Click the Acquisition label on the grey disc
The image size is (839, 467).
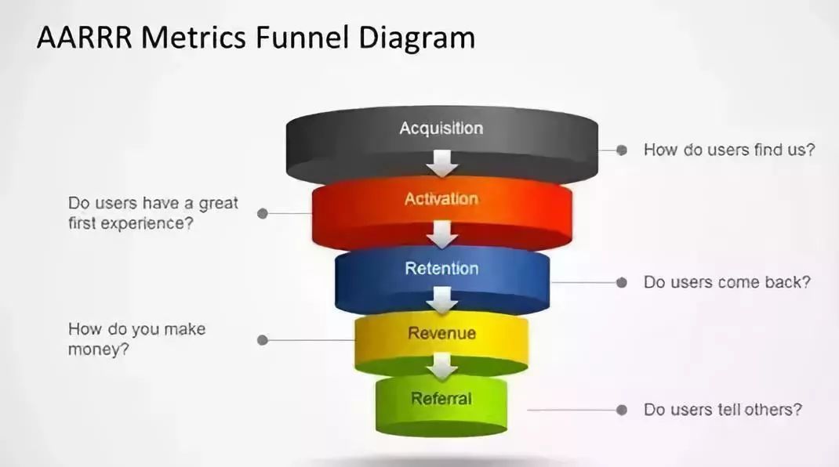[441, 129]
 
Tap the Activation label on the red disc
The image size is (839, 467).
[441, 199]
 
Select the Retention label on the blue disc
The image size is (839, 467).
[441, 269]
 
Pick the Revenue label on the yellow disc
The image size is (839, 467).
[441, 333]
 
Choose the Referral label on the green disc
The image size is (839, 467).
[441, 398]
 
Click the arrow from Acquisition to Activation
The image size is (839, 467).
[441, 164]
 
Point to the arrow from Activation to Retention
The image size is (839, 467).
[441, 233]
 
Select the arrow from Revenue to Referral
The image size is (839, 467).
[441, 366]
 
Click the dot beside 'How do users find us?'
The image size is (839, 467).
[621, 150]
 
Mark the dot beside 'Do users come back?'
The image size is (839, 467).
[621, 282]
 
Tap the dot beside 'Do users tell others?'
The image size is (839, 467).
[621, 410]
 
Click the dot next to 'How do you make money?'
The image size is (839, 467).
[263, 340]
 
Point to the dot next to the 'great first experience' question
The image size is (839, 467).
[263, 213]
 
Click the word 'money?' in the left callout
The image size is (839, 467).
[99, 349]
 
